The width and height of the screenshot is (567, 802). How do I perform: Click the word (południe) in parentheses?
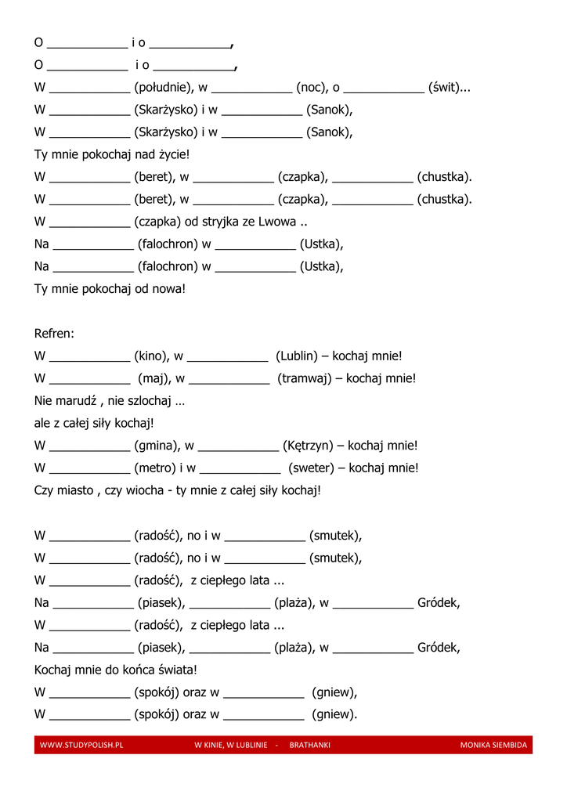[x=164, y=88]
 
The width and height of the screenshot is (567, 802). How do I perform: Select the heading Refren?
[x=55, y=334]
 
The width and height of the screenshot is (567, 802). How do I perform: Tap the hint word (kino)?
[x=152, y=356]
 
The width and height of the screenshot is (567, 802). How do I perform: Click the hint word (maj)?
[x=155, y=379]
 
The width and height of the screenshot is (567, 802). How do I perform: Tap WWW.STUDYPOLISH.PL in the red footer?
[x=81, y=745]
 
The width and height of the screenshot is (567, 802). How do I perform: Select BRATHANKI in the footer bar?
[x=309, y=745]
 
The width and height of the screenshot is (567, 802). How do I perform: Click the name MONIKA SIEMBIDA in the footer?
[x=493, y=745]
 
